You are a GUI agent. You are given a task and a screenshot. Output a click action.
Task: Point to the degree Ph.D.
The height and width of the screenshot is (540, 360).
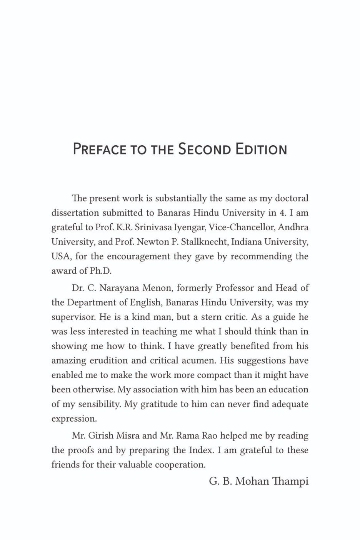click(x=100, y=271)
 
